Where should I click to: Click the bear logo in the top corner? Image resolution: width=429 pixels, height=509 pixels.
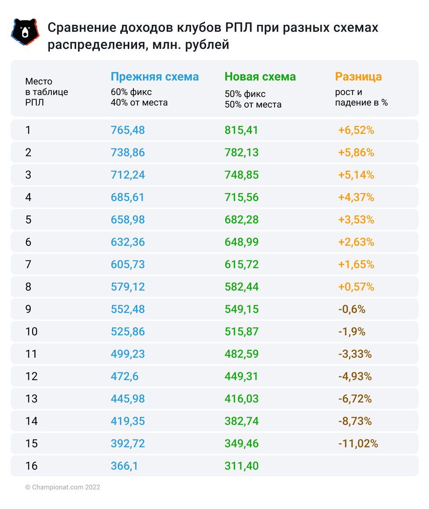pyautogui.click(x=24, y=32)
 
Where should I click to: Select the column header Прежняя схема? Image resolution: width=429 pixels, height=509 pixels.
pyautogui.click(x=154, y=77)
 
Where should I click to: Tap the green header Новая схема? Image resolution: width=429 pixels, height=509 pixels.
pyautogui.click(x=260, y=77)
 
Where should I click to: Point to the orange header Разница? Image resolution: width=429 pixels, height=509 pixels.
pyautogui.click(x=358, y=77)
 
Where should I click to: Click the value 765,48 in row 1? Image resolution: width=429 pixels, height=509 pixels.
pyautogui.click(x=128, y=130)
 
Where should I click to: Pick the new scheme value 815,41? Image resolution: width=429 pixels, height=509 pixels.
pyautogui.click(x=241, y=130)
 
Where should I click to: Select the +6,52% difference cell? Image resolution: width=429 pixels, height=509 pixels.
pyautogui.click(x=356, y=130)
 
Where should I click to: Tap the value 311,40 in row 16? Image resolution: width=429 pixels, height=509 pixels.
pyautogui.click(x=241, y=466)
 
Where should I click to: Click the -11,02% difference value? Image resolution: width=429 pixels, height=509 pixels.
pyautogui.click(x=358, y=444)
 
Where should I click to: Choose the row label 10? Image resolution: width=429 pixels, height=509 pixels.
pyautogui.click(x=31, y=332)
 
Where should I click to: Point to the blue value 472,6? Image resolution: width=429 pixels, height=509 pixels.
pyautogui.click(x=125, y=377)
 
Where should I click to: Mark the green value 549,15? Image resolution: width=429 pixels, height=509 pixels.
pyautogui.click(x=241, y=309)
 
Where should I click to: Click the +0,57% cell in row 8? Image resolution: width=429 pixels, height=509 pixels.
pyautogui.click(x=356, y=287)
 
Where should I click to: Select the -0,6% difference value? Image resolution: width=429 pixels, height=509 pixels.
pyautogui.click(x=351, y=309)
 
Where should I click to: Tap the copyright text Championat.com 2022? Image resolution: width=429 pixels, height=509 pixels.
pyautogui.click(x=62, y=487)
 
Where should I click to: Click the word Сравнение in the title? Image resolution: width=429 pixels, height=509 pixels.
pyautogui.click(x=79, y=28)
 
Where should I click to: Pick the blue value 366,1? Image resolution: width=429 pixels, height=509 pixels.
pyautogui.click(x=124, y=466)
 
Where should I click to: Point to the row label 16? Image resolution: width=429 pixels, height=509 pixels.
pyautogui.click(x=31, y=466)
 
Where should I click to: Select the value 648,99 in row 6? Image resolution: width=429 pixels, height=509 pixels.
pyautogui.click(x=241, y=242)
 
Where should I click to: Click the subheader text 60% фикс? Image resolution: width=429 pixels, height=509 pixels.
pyautogui.click(x=131, y=92)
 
